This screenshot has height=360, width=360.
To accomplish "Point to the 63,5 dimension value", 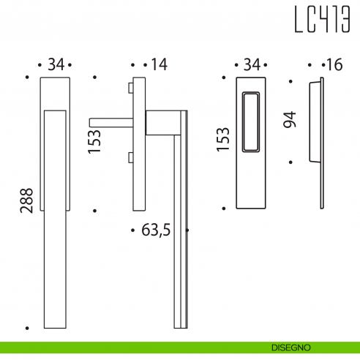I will [155, 230].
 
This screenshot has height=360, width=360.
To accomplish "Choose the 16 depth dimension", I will [334, 65].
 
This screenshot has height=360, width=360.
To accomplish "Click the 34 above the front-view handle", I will [56, 65].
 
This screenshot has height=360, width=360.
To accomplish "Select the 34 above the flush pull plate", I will [251, 65].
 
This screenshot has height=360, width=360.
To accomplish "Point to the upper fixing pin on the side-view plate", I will [130, 89].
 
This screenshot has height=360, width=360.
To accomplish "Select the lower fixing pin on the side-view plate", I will [130, 157].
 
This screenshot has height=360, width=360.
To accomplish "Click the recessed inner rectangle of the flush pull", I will [251, 122].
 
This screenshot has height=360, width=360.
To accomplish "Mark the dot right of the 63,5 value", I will [188, 230].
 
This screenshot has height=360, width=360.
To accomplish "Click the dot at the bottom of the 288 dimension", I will [27, 329].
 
